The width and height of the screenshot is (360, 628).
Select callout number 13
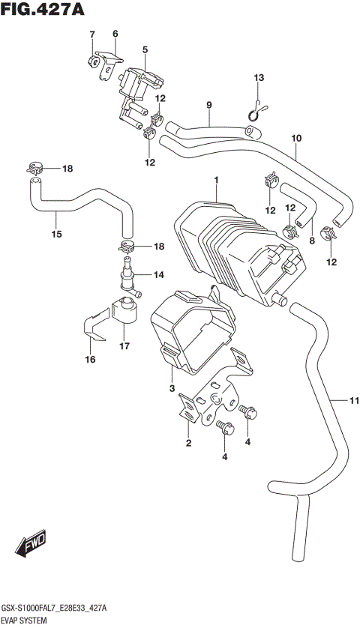[x=259, y=79]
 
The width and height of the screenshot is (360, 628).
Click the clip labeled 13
[x=257, y=111]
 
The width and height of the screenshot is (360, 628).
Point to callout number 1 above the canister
[x=216, y=181]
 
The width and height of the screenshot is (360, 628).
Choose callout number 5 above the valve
[x=145, y=49]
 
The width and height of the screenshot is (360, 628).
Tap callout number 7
[x=92, y=34]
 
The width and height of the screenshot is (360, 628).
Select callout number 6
[x=115, y=34]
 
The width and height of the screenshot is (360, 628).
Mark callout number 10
[x=295, y=138]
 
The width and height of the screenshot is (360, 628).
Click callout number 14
[x=158, y=275]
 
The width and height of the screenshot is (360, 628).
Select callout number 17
[x=124, y=345]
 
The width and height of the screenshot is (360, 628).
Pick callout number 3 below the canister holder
[x=172, y=387]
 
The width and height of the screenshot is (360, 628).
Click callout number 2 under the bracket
[x=189, y=444]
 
